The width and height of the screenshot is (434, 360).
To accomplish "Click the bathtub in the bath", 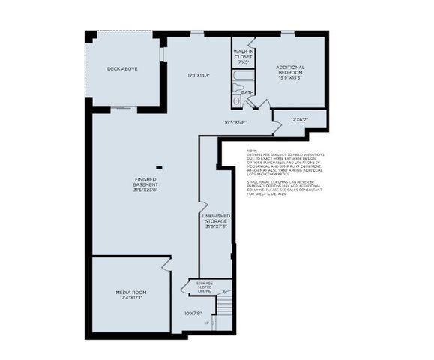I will (244, 76).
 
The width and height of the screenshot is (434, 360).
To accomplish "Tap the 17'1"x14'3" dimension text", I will (198, 75).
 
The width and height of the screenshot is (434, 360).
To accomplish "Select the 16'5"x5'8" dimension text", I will (236, 122).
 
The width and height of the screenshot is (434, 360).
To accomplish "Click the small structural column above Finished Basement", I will (158, 167).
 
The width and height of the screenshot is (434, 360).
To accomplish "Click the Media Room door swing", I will (165, 265).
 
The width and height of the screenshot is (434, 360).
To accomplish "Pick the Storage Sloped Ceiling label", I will (205, 286).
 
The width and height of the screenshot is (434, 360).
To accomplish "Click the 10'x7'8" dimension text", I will (194, 313).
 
